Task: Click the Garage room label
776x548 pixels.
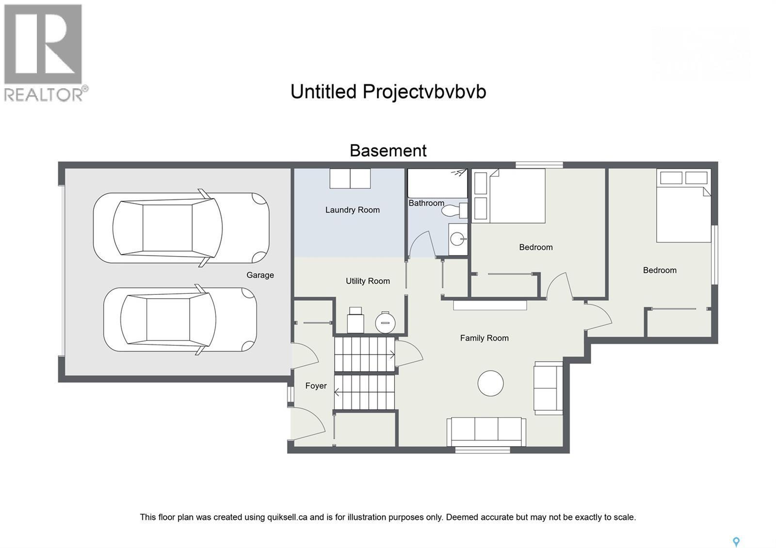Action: (260, 275)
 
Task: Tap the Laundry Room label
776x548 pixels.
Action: (352, 210)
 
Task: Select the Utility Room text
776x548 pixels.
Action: (368, 281)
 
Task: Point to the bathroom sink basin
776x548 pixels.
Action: (457, 239)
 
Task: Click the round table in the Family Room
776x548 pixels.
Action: (490, 383)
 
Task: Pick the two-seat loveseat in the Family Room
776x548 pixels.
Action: (548, 387)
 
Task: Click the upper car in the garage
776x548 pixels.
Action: (181, 228)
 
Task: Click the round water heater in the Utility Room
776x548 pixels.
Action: (385, 322)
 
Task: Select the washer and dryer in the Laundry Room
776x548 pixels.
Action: (350, 178)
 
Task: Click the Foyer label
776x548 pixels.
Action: (316, 386)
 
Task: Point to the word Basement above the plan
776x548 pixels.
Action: (388, 151)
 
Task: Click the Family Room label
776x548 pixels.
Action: (484, 338)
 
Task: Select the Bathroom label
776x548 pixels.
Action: (426, 203)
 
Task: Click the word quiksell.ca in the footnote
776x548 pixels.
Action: (287, 517)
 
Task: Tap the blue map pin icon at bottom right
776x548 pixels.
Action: (736, 542)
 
